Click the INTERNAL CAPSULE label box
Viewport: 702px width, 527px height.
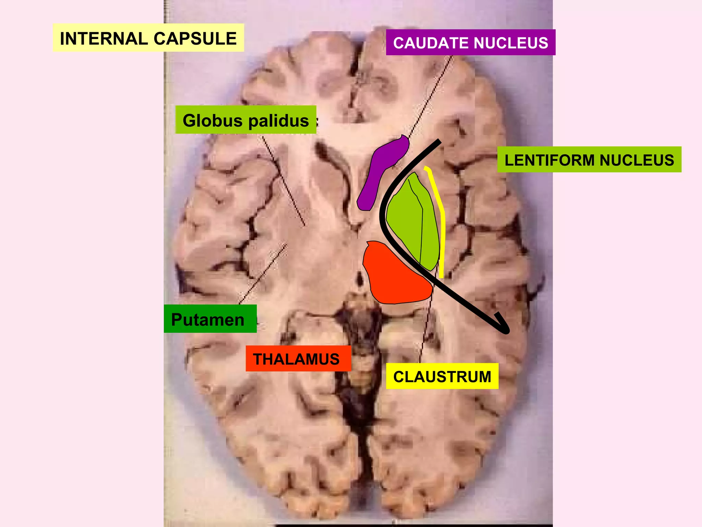pos(148,38)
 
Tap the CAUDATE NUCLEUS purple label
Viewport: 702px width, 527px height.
pos(470,43)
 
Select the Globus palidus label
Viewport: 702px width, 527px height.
pos(245,120)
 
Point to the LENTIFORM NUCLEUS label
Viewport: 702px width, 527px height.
pos(589,160)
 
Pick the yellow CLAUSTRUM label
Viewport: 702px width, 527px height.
pos(442,376)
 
